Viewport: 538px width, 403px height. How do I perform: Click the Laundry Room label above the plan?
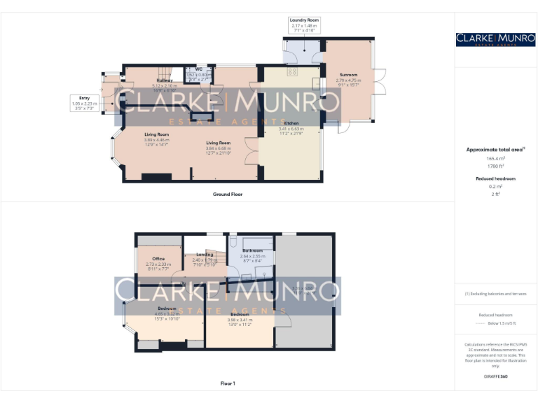tap(304, 21)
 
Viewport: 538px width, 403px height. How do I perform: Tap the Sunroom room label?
tap(348, 75)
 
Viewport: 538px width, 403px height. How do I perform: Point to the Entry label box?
tap(85, 99)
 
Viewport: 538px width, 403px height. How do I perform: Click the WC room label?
tap(199, 69)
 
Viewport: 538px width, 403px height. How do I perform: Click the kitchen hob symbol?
tap(292, 71)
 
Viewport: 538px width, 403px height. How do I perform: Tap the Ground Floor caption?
tap(227, 194)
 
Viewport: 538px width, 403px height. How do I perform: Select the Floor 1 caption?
tap(227, 383)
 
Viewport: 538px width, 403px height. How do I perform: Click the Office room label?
tap(158, 259)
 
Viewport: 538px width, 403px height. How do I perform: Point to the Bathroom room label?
tap(252, 250)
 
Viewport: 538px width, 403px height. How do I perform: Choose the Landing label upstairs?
tap(205, 255)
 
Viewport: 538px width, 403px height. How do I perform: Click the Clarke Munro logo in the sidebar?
tap(495, 39)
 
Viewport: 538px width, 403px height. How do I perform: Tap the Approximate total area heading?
tap(495, 150)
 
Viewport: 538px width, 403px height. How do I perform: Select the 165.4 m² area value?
tap(495, 159)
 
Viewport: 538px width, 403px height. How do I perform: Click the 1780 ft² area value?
tap(495, 167)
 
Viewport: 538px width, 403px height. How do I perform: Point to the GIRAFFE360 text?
tap(495, 376)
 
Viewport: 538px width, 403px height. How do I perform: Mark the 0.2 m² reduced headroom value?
tap(495, 187)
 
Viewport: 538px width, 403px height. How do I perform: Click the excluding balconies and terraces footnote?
tap(495, 294)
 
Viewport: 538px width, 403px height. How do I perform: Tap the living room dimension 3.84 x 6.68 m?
tap(218, 148)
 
